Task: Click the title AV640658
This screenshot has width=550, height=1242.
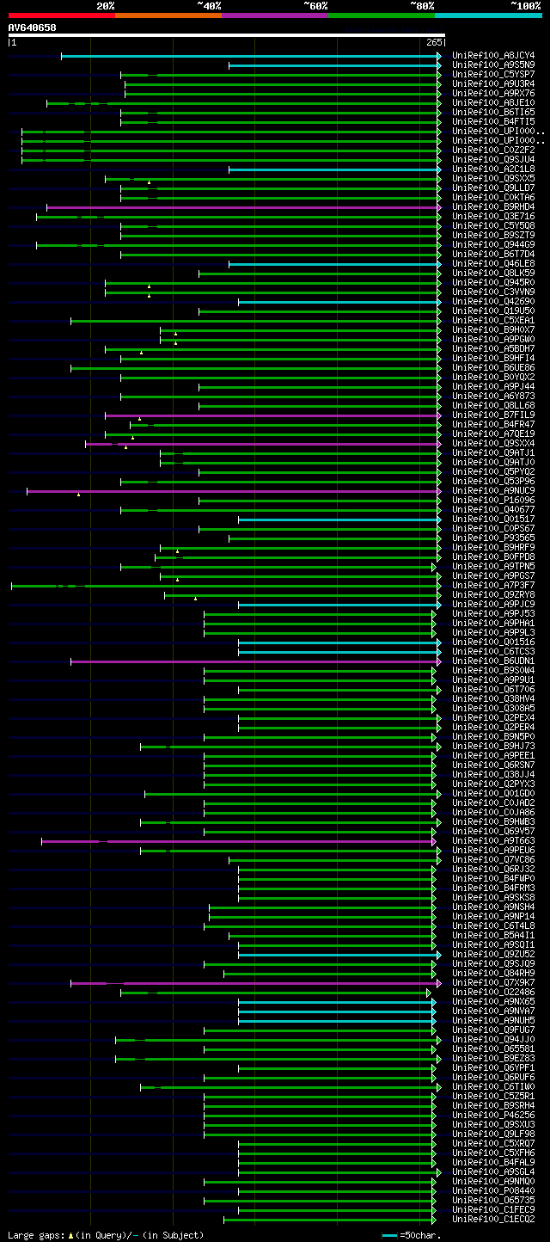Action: (33, 28)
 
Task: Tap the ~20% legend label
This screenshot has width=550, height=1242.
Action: (106, 6)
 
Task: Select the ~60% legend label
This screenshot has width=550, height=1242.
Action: (315, 6)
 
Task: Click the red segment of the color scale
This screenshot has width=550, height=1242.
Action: (61, 15)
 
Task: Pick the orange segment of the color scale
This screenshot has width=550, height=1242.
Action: (168, 15)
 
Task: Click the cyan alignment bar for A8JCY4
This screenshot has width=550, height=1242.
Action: (249, 56)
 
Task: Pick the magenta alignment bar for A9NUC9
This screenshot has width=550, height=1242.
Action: (232, 491)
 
